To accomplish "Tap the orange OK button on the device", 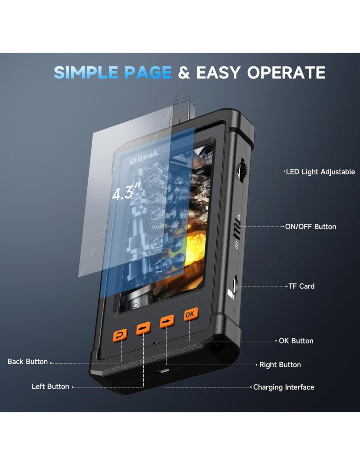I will (190, 315).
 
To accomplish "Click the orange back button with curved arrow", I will (120, 335).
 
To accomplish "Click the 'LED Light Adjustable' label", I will (320, 172).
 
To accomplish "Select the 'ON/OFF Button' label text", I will (311, 227).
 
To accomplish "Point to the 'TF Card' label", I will (301, 286).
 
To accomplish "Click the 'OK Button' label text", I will (296, 341).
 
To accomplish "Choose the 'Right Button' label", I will (280, 365).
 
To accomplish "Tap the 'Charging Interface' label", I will (283, 387).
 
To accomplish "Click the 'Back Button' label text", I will (27, 362).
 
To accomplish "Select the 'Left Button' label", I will (50, 387).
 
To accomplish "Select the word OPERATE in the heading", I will (286, 73).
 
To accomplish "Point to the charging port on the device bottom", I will (163, 371).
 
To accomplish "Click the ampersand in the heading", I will (184, 73).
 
